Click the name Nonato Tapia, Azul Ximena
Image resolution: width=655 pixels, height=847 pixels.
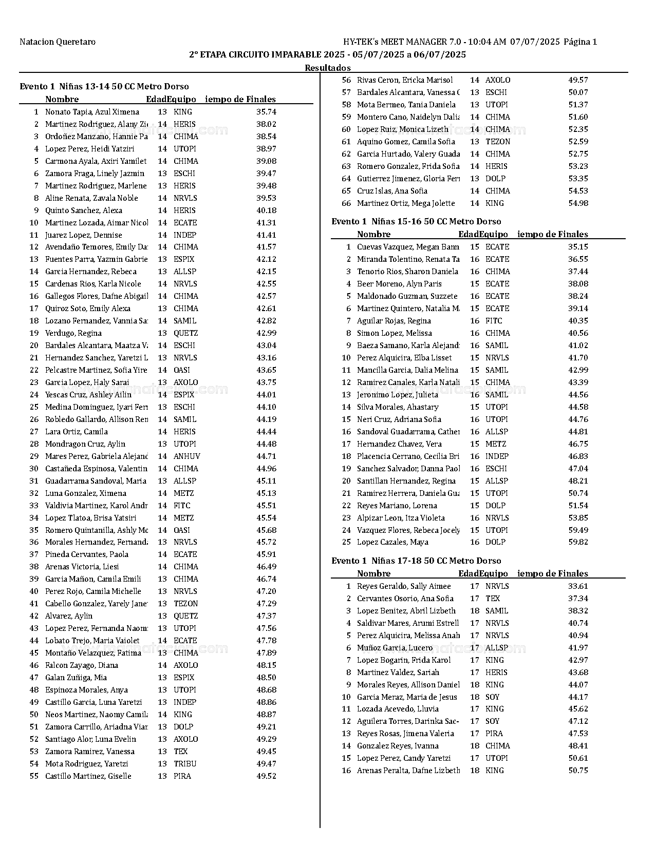92,112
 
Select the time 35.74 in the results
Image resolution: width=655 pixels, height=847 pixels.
266,112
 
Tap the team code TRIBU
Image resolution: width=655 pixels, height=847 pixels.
185,764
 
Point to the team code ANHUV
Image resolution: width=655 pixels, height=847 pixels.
186,456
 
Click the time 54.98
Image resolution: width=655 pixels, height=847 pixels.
578,203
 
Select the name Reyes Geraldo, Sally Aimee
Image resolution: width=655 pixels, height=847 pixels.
404,586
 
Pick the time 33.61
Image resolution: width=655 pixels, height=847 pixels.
578,586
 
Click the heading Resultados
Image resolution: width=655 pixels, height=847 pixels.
328,68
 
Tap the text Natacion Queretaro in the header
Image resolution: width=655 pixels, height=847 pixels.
58,42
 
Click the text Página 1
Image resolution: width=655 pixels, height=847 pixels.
581,42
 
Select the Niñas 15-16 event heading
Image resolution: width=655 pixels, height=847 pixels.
416,222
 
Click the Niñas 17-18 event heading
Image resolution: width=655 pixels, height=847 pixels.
416,561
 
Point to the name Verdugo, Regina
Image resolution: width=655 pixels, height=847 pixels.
73,333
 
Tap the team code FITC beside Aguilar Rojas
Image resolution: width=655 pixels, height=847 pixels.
494,321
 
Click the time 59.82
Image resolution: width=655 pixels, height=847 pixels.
578,542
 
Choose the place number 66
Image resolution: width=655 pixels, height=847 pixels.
346,203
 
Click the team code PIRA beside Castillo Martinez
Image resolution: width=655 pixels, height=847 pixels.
182,776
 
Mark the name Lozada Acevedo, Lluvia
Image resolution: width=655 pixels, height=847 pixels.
398,709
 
